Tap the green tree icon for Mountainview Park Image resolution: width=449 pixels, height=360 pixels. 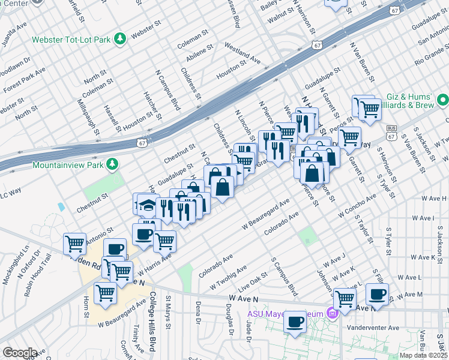[112, 164]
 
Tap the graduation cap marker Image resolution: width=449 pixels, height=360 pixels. [146, 205]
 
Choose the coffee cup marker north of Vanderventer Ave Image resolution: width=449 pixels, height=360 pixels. [295, 322]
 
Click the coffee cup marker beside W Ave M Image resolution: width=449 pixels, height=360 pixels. [377, 294]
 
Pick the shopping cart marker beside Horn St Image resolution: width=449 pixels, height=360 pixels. [106, 293]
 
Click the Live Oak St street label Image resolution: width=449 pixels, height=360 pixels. [253, 280]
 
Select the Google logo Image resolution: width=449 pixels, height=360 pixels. [20, 353]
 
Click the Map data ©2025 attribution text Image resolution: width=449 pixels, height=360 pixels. [423, 355]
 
